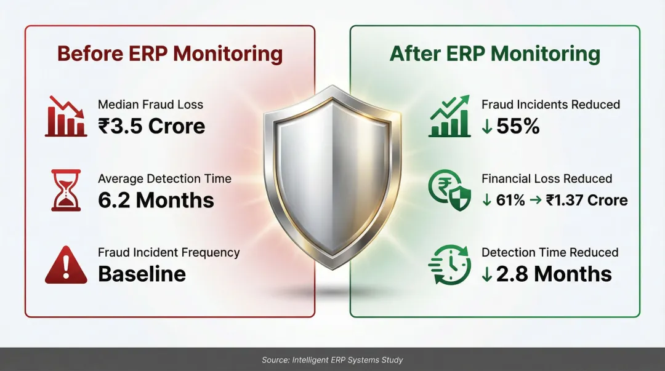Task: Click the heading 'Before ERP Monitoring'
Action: [170, 54]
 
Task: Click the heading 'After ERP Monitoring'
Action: [495, 54]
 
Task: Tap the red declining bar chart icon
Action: [66, 116]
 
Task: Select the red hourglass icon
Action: [66, 190]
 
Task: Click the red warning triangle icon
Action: [66, 265]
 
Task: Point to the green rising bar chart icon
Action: [450, 116]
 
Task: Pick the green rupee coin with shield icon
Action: [449, 190]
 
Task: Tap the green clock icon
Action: [449, 265]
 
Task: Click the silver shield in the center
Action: [332, 177]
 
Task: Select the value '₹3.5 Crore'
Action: [151, 126]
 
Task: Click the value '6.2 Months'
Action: [156, 200]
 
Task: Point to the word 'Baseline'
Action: [142, 274]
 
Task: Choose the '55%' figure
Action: [518, 126]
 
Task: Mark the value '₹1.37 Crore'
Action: [587, 200]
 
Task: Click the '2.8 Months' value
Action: [554, 274]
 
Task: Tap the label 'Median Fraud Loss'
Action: [151, 105]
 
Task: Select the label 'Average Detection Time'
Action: [164, 178]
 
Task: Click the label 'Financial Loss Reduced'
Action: [547, 178]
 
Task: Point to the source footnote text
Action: [332, 360]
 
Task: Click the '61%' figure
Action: [510, 200]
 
